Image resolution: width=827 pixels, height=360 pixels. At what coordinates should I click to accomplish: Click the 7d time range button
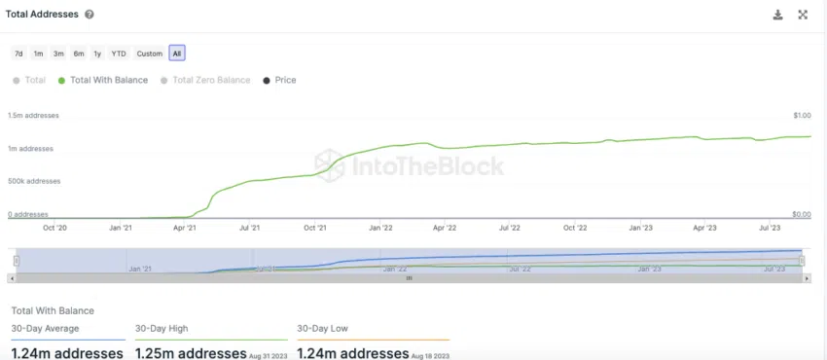click(18, 54)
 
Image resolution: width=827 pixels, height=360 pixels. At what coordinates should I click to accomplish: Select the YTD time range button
click(119, 54)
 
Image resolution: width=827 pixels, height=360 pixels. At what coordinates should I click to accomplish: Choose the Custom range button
click(149, 54)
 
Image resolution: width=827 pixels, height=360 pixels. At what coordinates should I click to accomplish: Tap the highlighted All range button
click(176, 54)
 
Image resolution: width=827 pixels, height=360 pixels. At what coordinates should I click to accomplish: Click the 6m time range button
click(78, 54)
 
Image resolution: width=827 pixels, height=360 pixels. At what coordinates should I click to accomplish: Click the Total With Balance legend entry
click(103, 80)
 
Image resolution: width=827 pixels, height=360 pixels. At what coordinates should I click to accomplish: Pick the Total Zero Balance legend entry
click(205, 80)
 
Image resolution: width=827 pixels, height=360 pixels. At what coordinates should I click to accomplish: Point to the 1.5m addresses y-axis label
click(34, 115)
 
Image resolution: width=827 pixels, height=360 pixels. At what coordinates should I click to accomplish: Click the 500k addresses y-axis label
click(34, 181)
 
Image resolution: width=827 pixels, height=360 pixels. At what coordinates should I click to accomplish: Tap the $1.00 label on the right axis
click(802, 115)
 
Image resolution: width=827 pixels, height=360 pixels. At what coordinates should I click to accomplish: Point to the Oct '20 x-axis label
click(54, 228)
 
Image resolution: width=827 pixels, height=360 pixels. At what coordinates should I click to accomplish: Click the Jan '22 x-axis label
click(380, 228)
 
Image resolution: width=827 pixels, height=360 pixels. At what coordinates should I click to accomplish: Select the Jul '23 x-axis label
click(770, 228)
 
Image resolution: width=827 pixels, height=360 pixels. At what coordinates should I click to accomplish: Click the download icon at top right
click(778, 15)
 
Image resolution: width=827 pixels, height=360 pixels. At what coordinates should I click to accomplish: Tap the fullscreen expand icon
click(803, 15)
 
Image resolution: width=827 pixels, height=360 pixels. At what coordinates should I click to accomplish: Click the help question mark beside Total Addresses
click(90, 15)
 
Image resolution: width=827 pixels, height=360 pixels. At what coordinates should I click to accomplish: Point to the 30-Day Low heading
click(324, 330)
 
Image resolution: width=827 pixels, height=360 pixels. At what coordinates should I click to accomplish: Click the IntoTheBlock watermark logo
click(410, 165)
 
